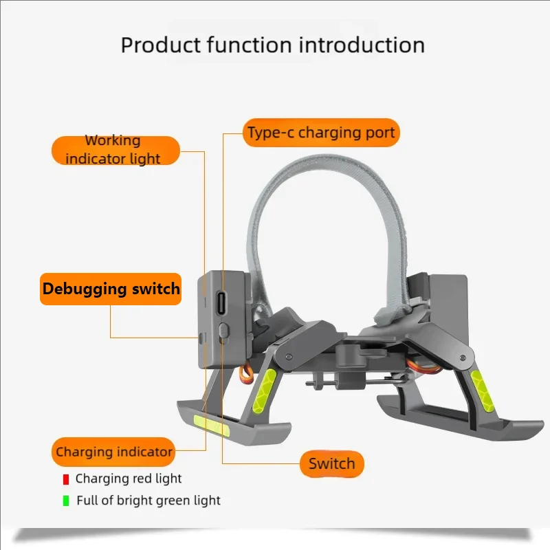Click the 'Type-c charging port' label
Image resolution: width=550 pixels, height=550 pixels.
(x=321, y=133)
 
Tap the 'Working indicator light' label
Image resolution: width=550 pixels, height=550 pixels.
(x=115, y=150)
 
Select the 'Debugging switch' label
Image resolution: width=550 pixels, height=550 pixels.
(x=111, y=289)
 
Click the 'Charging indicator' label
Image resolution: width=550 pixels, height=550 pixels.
(x=113, y=452)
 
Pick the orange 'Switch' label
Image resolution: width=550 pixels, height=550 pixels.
(x=332, y=463)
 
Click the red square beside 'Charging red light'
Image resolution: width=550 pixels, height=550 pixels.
(x=66, y=479)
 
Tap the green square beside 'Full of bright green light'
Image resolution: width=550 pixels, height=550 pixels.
(x=66, y=500)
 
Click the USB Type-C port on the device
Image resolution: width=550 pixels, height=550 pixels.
(x=221, y=302)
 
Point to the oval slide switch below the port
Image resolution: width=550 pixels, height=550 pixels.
(x=223, y=331)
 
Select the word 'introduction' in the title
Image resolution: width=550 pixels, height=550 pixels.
(x=362, y=45)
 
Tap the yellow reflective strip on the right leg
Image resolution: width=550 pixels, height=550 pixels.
(x=482, y=389)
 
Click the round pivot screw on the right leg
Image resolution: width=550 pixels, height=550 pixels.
(x=463, y=358)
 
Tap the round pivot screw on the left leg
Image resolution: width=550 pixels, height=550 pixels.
(x=289, y=357)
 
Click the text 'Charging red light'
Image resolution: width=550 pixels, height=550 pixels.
(x=129, y=478)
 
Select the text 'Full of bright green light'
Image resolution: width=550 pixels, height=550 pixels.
(x=148, y=500)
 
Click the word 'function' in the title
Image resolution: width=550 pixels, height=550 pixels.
(x=249, y=45)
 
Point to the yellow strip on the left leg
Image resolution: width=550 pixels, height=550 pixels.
(x=265, y=390)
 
